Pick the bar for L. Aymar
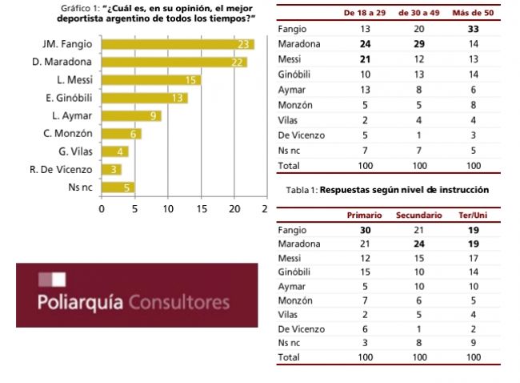[x=131, y=116]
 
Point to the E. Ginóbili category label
[x=68, y=98]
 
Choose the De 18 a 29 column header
[x=364, y=14]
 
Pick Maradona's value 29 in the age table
[x=419, y=45]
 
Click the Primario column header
[x=364, y=216]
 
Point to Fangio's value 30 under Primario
[x=364, y=230]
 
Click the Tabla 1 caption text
[x=387, y=190]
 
